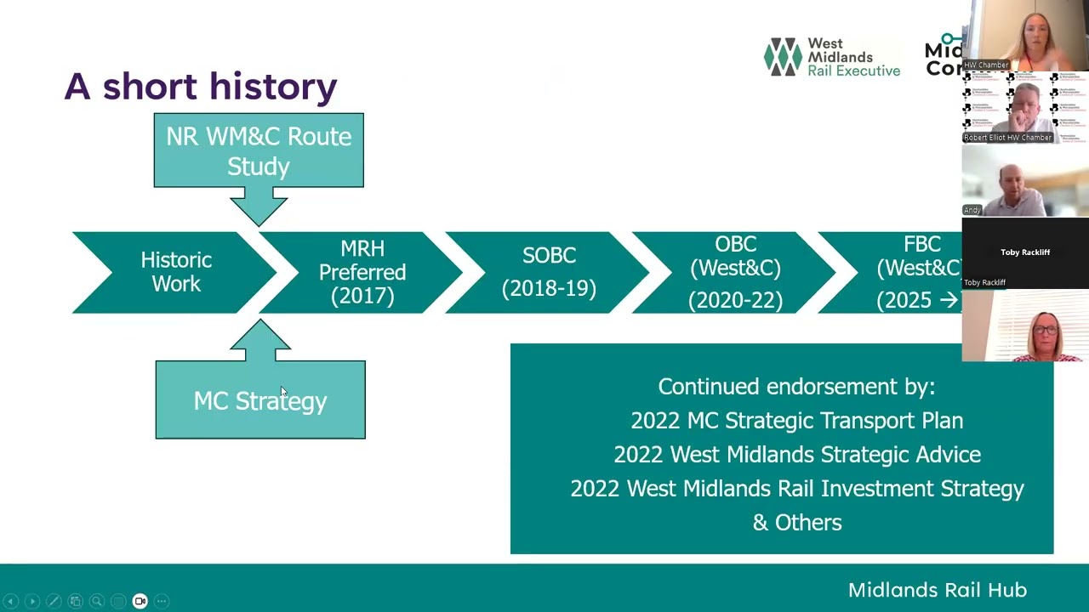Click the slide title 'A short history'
[x=201, y=87]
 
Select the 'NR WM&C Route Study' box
[x=259, y=150]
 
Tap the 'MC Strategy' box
[x=260, y=400]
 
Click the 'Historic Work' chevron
[x=176, y=272]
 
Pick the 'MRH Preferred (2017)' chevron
[x=362, y=272]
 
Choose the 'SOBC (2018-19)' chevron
[x=549, y=272]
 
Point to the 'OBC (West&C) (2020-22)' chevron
[x=735, y=272]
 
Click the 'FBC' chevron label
[x=921, y=246]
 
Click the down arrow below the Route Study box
[x=259, y=207]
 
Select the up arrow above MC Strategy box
[x=260, y=340]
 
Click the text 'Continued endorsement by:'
[x=796, y=387]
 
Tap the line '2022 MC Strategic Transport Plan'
[x=796, y=421]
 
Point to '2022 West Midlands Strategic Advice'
[x=796, y=455]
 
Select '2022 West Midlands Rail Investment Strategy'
[x=796, y=489]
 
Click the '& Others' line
[x=796, y=523]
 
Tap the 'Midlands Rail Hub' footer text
[x=937, y=590]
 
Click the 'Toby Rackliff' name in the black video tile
[x=1025, y=252]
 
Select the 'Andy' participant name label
[x=972, y=210]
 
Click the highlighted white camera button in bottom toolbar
[x=140, y=601]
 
